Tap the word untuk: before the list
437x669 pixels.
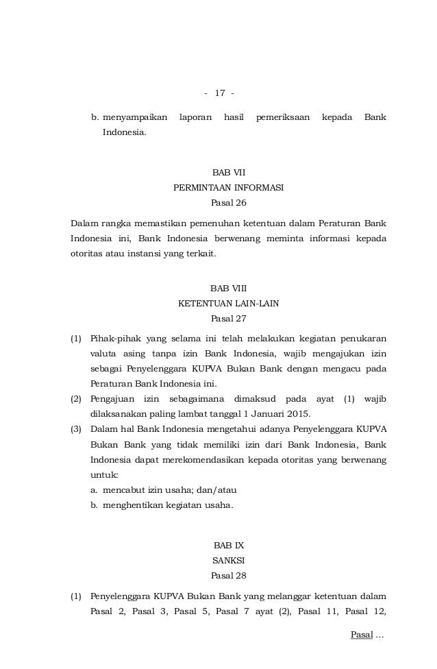(103, 474)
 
